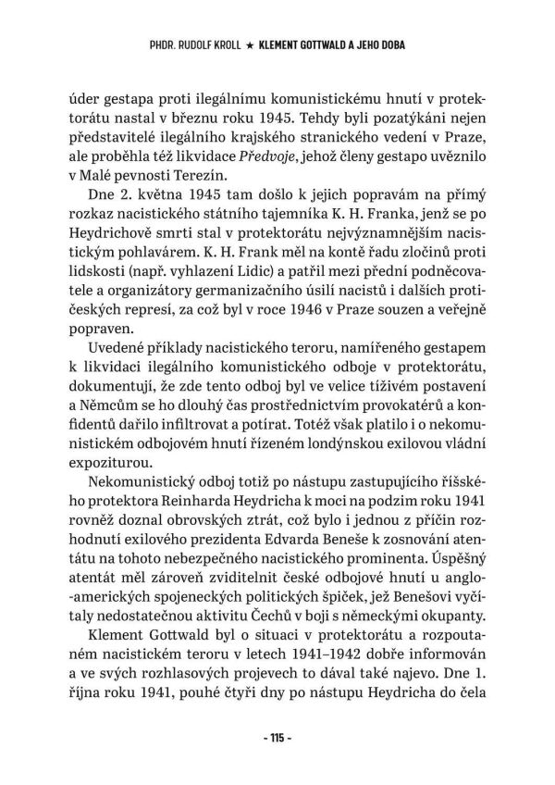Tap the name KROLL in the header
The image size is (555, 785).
click(231, 44)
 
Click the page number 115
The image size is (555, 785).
click(277, 739)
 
